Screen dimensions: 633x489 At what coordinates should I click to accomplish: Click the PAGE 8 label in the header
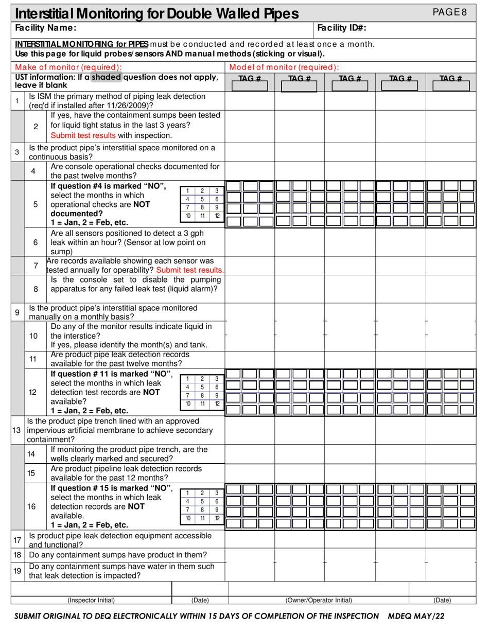450,12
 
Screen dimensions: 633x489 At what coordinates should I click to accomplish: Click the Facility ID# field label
342,28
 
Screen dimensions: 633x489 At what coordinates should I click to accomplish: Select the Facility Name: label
46,28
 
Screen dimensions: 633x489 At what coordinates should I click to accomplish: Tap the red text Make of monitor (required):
68,67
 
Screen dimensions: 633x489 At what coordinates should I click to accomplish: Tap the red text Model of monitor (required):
284,67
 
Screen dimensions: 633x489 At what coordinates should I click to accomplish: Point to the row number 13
16,430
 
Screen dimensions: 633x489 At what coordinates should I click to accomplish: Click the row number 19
17,571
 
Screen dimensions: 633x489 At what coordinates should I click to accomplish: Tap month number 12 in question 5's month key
217,216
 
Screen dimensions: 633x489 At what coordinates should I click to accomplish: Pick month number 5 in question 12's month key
202,387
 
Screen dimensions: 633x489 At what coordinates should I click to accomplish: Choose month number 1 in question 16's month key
188,493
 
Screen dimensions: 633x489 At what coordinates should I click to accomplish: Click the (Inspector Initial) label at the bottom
91,600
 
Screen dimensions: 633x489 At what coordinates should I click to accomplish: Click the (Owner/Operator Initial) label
319,600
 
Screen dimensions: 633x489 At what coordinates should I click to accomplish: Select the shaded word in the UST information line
106,77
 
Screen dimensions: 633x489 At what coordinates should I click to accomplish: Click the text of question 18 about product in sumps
118,555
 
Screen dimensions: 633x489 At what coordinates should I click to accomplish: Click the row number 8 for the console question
36,289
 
